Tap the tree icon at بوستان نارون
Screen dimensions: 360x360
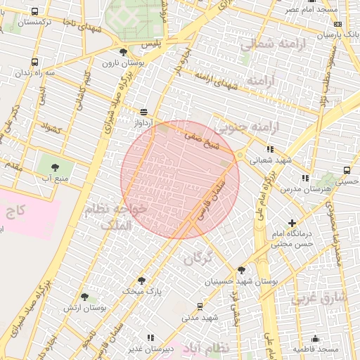click(x=124, y=52)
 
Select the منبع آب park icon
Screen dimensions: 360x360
click(x=55, y=167)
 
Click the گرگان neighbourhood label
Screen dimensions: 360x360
click(x=198, y=259)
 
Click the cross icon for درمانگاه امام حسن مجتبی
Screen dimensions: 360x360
click(x=292, y=223)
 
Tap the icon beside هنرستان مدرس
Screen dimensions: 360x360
click(x=304, y=179)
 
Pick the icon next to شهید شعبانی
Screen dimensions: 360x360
click(x=270, y=149)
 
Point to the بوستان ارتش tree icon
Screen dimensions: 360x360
click(x=85, y=297)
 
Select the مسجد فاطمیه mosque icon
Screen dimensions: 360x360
click(x=315, y=338)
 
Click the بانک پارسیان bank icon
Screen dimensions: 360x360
click(x=338, y=34)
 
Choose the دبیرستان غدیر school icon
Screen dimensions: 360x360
click(x=150, y=338)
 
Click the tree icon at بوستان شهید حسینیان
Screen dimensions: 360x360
click(x=242, y=269)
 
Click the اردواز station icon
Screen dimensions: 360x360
click(x=144, y=111)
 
